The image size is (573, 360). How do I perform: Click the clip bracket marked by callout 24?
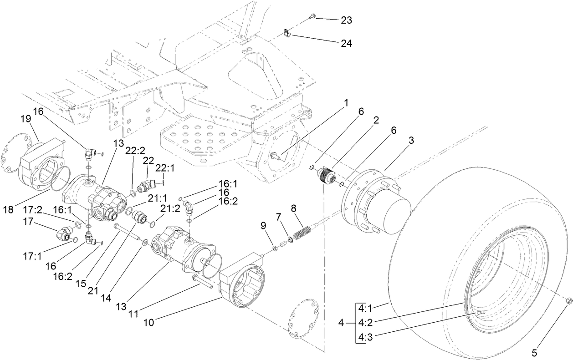click(x=286, y=33)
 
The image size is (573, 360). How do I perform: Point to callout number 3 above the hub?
click(x=411, y=141)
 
